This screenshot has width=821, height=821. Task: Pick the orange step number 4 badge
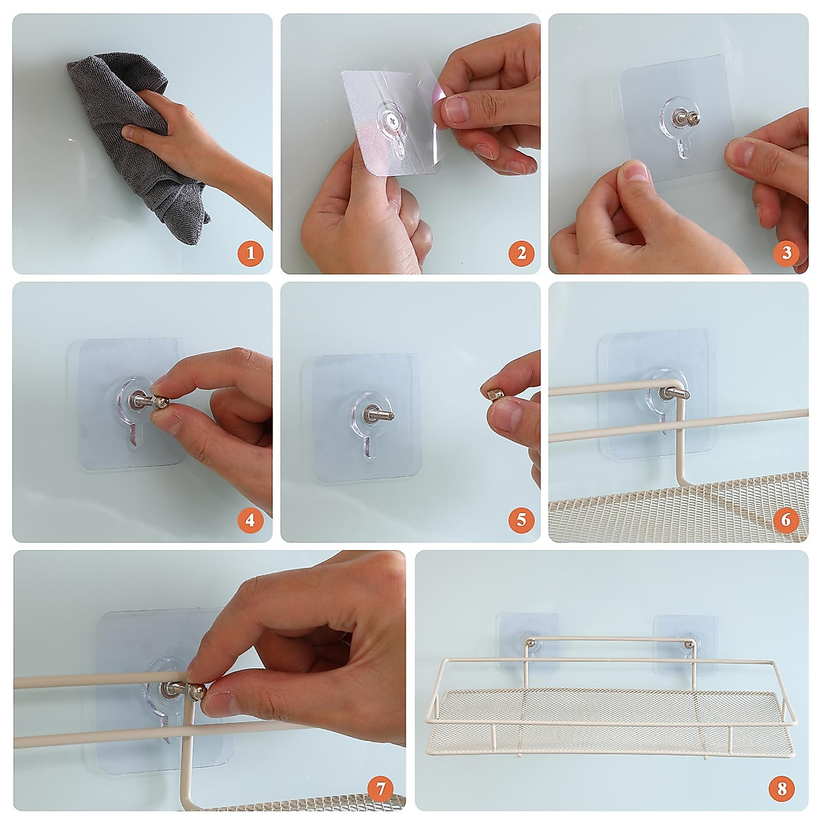(250, 520)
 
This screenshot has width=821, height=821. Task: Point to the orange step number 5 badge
(521, 520)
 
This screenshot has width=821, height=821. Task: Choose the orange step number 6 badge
(786, 520)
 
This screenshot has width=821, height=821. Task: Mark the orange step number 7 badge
(382, 788)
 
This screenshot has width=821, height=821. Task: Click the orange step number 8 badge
(782, 788)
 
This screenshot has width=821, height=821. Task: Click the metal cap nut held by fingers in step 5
(495, 394)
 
